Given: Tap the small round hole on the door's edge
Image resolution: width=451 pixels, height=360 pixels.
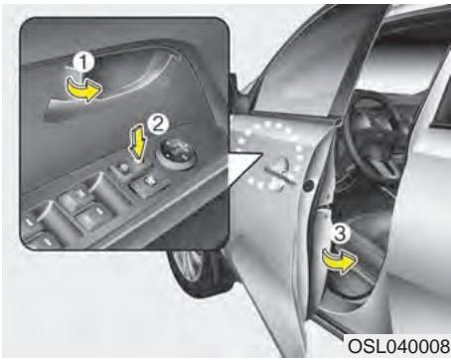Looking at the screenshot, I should [x=311, y=186].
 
